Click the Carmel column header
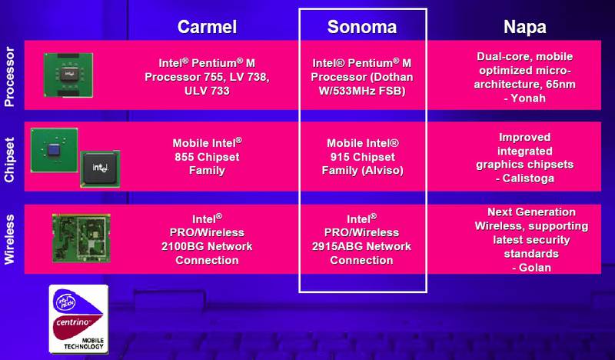pos(207,27)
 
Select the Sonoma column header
pos(362,27)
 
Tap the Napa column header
pos(525,28)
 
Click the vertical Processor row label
pos(9,77)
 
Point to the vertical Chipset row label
pos(9,160)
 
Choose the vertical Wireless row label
pos(9,239)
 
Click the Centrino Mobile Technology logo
pos(78,318)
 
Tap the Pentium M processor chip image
pos(68,75)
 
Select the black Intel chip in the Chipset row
pos(100,168)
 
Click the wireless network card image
pos(81,238)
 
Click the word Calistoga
pos(528,178)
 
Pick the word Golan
pos(535,268)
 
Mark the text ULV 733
pos(207,91)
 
